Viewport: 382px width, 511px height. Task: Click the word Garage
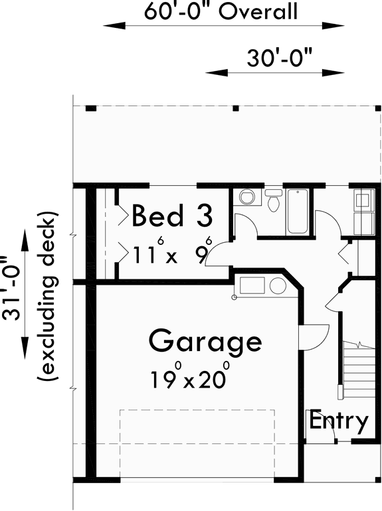point(205,342)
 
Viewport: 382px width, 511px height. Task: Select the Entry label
point(339,420)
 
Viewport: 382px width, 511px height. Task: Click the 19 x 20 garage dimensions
point(190,378)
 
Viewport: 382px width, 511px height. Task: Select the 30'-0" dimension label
point(280,58)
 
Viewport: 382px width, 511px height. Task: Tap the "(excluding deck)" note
point(47,297)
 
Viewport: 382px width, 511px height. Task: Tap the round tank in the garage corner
point(278,286)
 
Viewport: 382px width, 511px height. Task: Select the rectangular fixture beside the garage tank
point(252,286)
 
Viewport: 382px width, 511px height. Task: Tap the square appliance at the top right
point(363,200)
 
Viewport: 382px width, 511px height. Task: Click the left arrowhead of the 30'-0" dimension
point(211,72)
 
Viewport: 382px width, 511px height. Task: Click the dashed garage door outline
point(197,410)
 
